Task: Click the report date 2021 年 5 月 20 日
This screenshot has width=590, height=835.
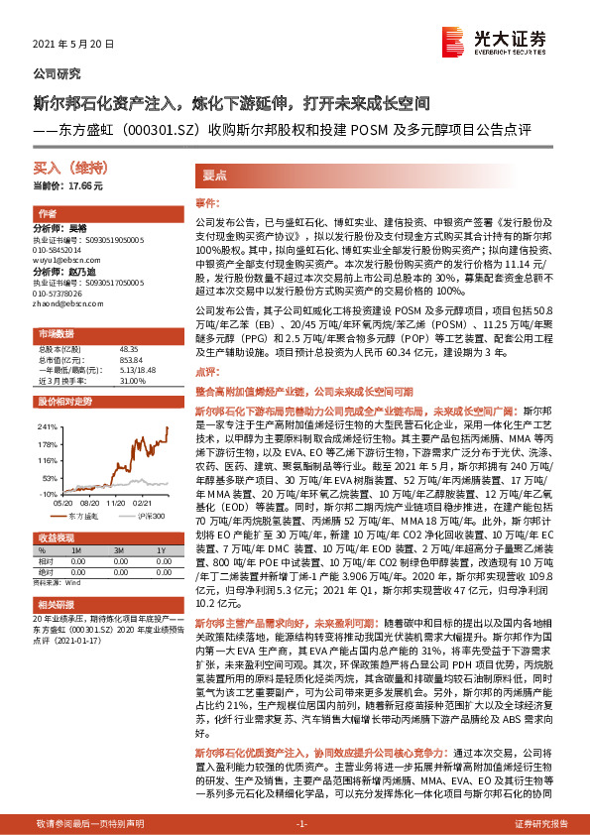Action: coord(74,45)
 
